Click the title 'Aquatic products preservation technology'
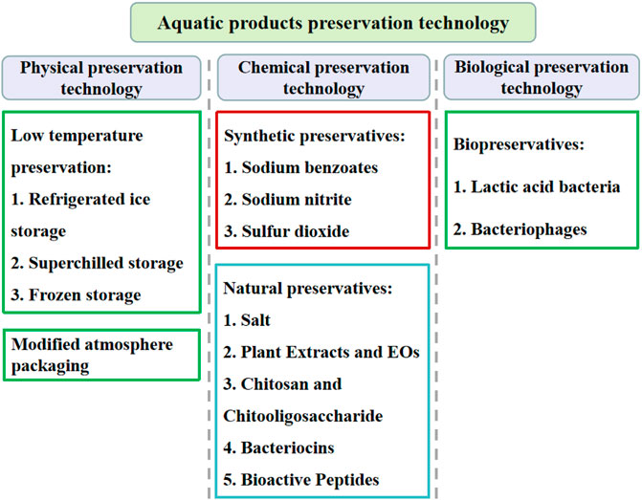[333, 23]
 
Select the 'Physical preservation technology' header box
[101, 77]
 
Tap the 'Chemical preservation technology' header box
[323, 77]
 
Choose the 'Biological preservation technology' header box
[542, 77]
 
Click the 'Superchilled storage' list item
[97, 264]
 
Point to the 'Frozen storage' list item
[76, 295]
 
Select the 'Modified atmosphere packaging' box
[101, 355]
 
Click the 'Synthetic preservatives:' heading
[315, 137]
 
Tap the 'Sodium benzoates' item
[301, 167]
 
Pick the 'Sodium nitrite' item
[288, 200]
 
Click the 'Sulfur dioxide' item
[287, 231]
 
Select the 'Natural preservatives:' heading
[308, 289]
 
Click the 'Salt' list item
[247, 320]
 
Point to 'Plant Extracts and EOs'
[321, 352]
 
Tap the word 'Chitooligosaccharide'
[303, 416]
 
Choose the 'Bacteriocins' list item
[278, 448]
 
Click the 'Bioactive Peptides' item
[301, 480]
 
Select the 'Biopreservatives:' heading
[519, 145]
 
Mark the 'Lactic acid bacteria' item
[537, 187]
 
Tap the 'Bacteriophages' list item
[520, 230]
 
